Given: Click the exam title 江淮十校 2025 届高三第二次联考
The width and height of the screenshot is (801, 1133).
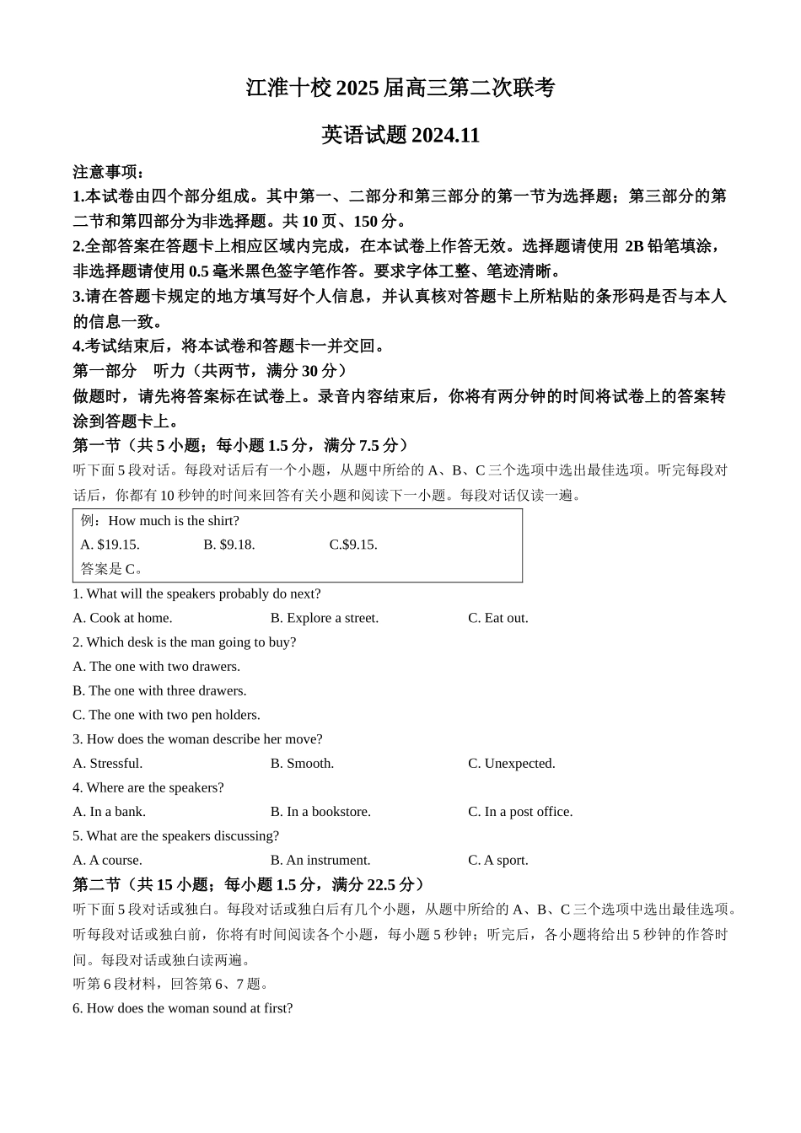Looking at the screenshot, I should coord(400,88).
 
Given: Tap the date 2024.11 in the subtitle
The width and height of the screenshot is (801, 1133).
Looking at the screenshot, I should coord(445,136).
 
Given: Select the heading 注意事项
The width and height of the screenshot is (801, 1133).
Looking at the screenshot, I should coord(108,172).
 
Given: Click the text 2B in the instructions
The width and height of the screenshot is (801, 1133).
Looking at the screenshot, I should coord(633,246).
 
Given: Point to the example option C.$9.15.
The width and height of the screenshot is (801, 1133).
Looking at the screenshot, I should coord(353,545).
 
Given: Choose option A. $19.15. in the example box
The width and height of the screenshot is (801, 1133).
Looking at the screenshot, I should coord(110,545).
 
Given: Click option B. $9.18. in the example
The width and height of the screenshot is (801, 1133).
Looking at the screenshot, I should coord(229,545).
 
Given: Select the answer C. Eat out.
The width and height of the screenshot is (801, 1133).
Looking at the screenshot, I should coord(498,618).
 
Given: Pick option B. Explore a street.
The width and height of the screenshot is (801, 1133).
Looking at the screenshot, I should coord(325,618).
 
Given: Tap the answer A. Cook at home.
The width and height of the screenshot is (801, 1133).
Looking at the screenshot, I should coord(122,618).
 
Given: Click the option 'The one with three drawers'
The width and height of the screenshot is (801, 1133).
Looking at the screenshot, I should coord(159,690).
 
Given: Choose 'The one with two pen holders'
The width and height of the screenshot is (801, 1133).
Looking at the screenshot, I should coord(166,715).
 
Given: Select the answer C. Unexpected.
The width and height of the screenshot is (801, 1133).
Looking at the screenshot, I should coord(512,763).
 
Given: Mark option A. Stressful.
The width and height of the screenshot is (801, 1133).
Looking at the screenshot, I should coord(108,763).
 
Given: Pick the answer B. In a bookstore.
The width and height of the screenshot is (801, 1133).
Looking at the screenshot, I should coord(320,812).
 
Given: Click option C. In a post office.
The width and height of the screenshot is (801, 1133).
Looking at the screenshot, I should coord(520,812).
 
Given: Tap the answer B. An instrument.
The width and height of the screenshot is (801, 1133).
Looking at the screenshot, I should coord(320,860).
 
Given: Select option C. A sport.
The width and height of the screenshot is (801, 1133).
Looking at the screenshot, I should coord(498,860).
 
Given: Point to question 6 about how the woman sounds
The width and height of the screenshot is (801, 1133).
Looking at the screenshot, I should coord(183,1008).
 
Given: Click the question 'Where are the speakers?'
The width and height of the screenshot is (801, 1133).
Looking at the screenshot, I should coord(148,787).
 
